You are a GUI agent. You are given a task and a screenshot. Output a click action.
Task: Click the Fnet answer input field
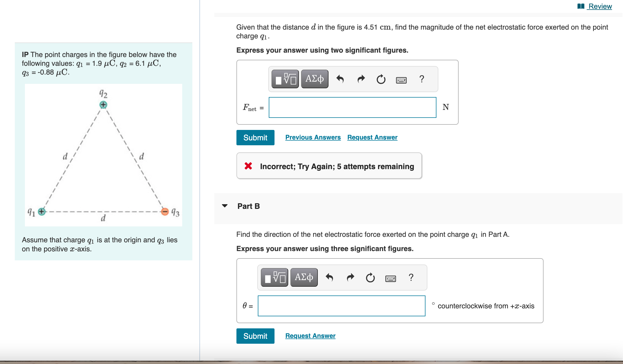[x=352, y=107]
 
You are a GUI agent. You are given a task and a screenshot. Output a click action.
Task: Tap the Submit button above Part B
[x=255, y=138]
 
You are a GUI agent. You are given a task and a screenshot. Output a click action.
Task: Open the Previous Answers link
[x=313, y=137]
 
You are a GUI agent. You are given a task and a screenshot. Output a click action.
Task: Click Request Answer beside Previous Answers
[x=372, y=137]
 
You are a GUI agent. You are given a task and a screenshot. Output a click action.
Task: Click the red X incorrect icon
[x=248, y=166]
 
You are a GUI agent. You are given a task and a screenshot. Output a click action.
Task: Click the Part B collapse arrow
[x=225, y=206]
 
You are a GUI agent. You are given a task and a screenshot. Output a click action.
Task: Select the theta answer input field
[x=341, y=306]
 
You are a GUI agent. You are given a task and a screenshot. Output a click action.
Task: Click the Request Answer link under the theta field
[x=310, y=336]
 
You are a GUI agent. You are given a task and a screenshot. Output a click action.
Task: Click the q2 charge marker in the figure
[x=103, y=105]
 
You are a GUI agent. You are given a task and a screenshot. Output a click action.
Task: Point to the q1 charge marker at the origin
[x=42, y=212]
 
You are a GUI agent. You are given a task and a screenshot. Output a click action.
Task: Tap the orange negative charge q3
[x=165, y=212]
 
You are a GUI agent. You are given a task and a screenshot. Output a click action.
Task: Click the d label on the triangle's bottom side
[x=103, y=218]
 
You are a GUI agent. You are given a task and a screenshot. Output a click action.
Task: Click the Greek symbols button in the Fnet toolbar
[x=315, y=79]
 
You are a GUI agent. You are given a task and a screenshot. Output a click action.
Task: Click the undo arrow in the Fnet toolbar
[x=340, y=79]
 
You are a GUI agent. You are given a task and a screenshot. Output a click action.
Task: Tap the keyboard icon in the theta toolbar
[x=390, y=278]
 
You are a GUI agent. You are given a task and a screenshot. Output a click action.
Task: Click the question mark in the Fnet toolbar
[x=422, y=79]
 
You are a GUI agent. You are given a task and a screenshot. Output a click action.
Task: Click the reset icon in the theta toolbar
[x=370, y=278]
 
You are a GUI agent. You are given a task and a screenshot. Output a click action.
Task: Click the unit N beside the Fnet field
[x=446, y=107]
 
